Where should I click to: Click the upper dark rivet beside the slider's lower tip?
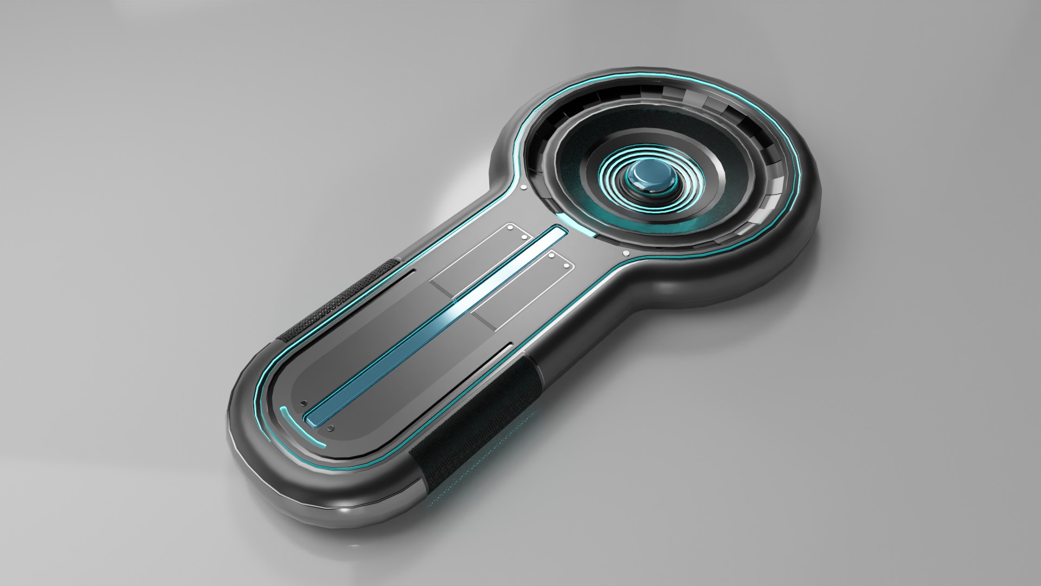pyautogui.click(x=304, y=403)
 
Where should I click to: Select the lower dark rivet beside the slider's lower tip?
pyautogui.click(x=331, y=429)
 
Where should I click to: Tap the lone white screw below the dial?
pyautogui.click(x=626, y=253)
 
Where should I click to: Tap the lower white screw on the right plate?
pyautogui.click(x=566, y=266)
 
